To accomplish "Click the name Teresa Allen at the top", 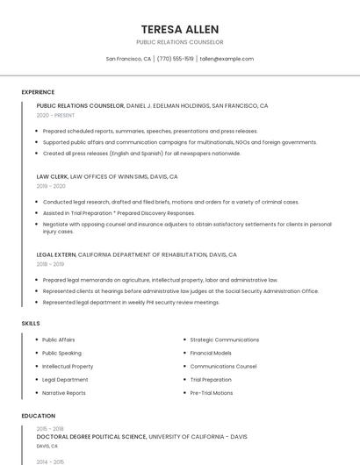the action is click(x=180, y=29).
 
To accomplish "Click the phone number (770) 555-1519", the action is click(x=176, y=59).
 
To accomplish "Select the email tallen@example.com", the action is click(x=227, y=59).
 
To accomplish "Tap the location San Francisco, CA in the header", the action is click(x=128, y=59).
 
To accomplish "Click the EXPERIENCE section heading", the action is click(x=38, y=92).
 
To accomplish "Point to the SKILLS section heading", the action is click(x=31, y=324).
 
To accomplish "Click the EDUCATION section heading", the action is click(x=39, y=416).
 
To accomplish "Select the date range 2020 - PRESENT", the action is click(x=55, y=115).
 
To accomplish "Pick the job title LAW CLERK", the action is click(x=52, y=176).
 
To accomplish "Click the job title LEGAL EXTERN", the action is click(x=56, y=254).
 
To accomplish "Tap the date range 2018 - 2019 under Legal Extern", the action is click(x=50, y=264).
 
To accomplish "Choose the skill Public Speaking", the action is click(x=61, y=353).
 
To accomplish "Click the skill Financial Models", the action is click(x=211, y=353).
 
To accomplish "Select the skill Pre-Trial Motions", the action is click(x=212, y=393).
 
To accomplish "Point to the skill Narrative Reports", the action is click(x=64, y=393).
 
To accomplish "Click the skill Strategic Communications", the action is click(x=224, y=340).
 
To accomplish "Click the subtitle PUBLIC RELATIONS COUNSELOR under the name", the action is click(x=180, y=42).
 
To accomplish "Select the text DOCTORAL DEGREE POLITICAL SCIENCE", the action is click(x=91, y=436).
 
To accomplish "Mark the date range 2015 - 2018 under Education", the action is click(x=50, y=428).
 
